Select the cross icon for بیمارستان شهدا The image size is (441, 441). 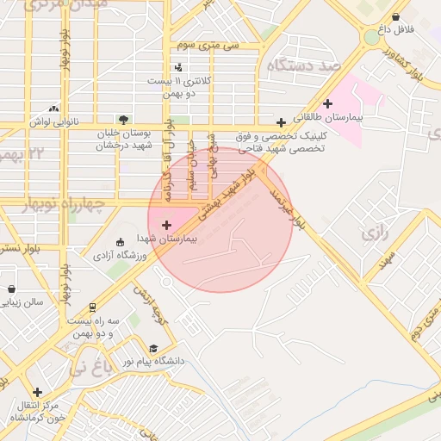point(166,225)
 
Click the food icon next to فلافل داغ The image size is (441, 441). point(395,17)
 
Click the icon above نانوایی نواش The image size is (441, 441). point(54,109)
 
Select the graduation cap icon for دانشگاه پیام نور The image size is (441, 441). point(153,349)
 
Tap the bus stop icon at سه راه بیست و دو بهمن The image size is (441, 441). point(92,307)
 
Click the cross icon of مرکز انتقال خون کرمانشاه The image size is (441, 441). point(37,392)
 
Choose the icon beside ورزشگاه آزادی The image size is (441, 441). point(120,242)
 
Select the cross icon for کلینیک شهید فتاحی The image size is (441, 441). point(281,122)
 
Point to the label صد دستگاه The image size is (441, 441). point(305,65)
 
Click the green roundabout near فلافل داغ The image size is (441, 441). point(371,37)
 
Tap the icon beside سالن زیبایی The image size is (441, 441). point(11,289)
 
